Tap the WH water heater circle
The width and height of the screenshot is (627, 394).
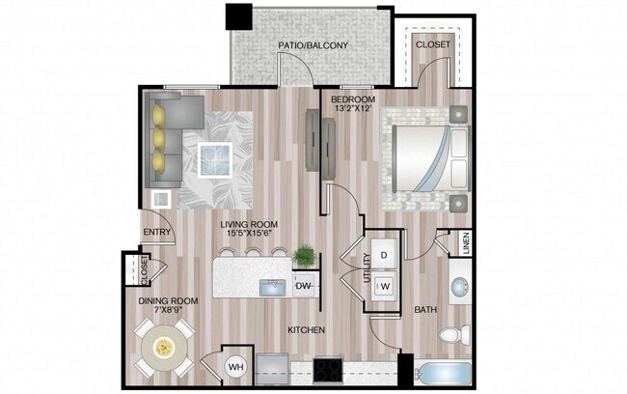[236, 367]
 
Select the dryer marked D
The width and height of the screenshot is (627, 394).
[383, 255]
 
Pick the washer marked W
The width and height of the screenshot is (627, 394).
[383, 285]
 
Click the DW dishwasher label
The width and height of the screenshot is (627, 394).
[303, 286]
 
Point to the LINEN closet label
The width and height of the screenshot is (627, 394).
[465, 244]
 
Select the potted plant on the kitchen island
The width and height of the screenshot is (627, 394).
[304, 256]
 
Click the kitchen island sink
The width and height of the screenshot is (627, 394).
[269, 286]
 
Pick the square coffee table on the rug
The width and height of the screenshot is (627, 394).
[215, 157]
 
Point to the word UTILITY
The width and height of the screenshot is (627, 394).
[367, 269]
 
